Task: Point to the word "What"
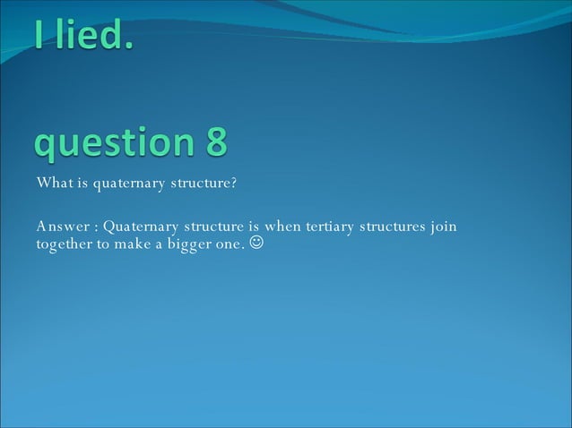click(52, 184)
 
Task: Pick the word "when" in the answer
click(283, 227)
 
